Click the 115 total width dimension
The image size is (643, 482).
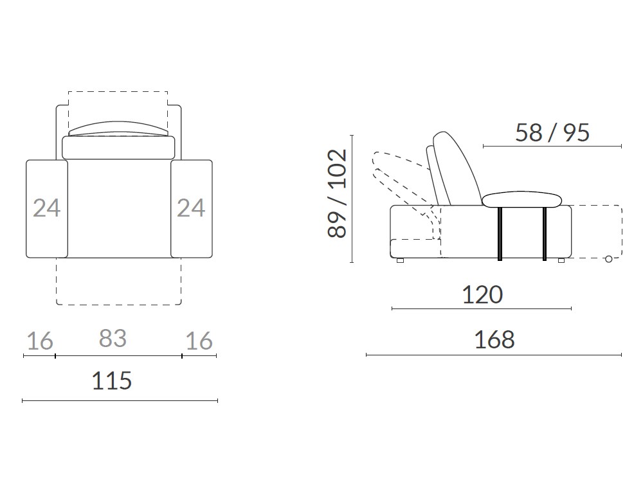click(x=111, y=380)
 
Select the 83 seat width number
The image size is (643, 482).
click(x=113, y=339)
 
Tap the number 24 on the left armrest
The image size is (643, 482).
click(x=47, y=208)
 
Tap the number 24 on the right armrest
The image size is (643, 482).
click(x=191, y=208)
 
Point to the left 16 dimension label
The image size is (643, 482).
click(x=40, y=341)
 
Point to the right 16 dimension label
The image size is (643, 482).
click(x=199, y=341)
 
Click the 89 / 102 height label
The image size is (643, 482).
click(x=338, y=193)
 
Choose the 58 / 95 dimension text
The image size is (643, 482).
click(x=552, y=133)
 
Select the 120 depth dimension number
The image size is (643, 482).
click(x=482, y=295)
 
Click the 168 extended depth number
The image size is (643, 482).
click(x=494, y=340)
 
